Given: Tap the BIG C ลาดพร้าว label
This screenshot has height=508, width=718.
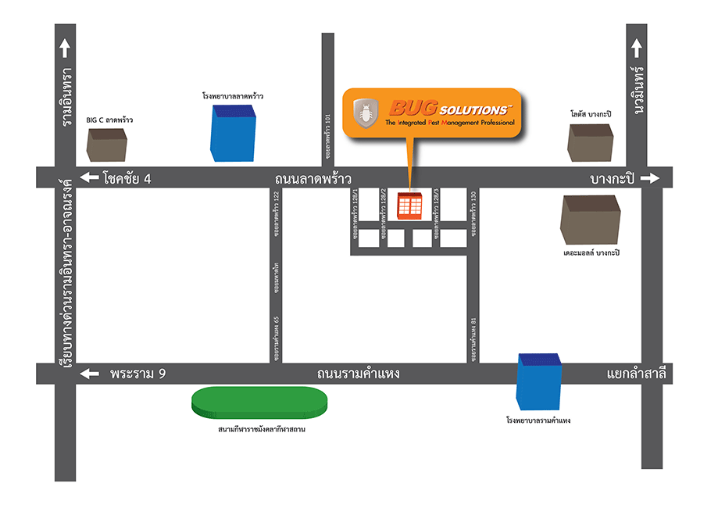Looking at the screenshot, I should pos(109,120).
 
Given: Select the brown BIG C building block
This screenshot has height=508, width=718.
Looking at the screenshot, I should pos(106,145).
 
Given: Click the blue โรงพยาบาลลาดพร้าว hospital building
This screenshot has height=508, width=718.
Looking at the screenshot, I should pos(233,132).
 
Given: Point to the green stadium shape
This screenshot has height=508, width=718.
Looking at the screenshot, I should pos(260,402).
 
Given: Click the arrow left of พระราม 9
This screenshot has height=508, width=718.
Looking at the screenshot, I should pos(89,374).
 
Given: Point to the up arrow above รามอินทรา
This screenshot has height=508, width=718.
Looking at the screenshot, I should pos(64,49).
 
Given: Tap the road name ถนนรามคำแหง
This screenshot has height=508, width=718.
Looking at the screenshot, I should pos(359,374).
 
